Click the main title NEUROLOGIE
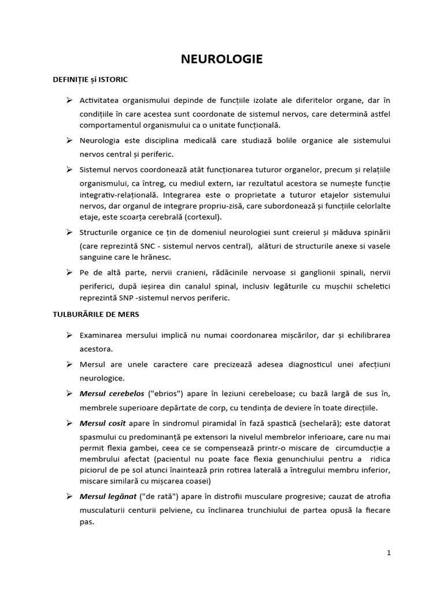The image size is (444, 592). [222, 59]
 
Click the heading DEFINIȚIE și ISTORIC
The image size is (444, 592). [90, 79]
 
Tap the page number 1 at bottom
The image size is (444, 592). [389, 553]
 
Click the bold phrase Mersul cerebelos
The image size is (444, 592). [112, 394]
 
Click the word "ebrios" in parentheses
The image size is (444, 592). [166, 394]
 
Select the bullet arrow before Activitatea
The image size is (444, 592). [69, 100]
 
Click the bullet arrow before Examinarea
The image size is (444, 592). [69, 335]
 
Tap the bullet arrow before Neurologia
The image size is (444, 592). [69, 140]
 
